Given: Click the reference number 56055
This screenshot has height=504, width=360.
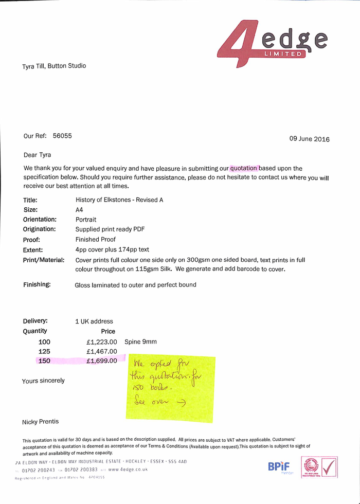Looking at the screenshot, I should (62, 136).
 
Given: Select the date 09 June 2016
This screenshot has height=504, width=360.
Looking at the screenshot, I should (309, 139).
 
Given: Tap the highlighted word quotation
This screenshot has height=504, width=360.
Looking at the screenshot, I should (244, 168).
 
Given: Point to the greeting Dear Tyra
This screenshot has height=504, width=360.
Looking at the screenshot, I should (37, 155).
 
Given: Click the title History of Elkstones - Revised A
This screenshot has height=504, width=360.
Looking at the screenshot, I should (119, 200).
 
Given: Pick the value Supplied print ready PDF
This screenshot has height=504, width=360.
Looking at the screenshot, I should (110, 229).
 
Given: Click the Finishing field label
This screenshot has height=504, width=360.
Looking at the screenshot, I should (37, 284).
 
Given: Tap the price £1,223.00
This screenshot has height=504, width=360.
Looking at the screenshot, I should (102, 341).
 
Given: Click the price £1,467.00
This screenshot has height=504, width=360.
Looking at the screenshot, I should (102, 351).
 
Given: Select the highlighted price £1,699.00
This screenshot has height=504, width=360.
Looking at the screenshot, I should (102, 361).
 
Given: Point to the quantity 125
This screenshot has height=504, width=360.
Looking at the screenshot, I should (45, 351).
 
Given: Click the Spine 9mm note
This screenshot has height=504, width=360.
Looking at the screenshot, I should (140, 341).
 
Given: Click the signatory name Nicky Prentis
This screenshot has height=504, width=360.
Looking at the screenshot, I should (41, 422).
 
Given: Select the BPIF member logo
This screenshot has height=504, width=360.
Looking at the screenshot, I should (279, 467).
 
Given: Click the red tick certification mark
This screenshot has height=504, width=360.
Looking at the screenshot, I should (329, 467).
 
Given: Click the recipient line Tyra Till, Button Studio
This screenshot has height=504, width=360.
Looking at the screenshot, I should (54, 66).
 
